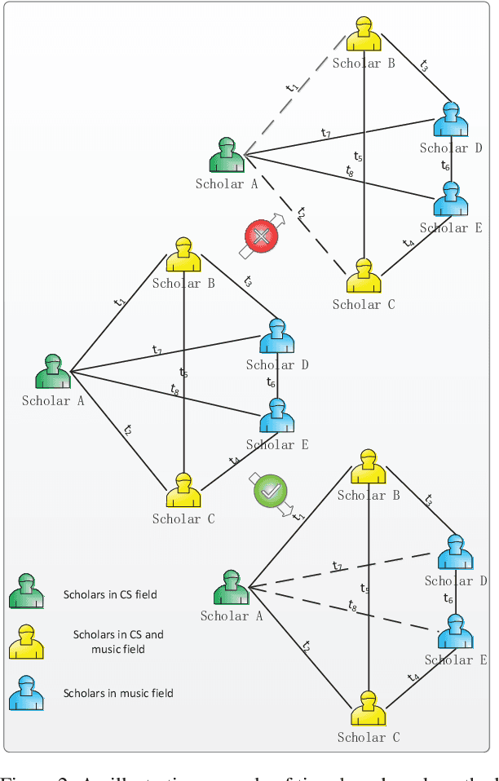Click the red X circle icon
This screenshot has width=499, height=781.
click(262, 236)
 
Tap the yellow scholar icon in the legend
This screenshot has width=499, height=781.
click(26, 642)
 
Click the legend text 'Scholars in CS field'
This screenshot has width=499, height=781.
click(110, 594)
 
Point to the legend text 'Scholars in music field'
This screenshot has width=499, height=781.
click(118, 694)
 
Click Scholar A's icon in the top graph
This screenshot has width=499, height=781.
click(227, 155)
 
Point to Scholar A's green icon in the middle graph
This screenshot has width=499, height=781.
click(53, 372)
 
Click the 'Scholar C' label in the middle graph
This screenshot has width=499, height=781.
click(183, 518)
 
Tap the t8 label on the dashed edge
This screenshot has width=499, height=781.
click(352, 606)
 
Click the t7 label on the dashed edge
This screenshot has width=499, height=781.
click(337, 566)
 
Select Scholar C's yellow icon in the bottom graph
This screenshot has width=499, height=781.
click(368, 708)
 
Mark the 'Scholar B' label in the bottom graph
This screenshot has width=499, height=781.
click(368, 495)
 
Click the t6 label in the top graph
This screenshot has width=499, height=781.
click(445, 166)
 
